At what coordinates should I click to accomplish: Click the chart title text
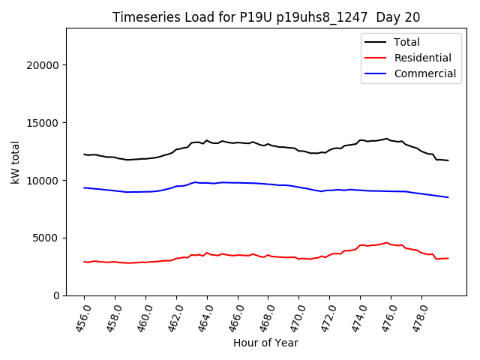click(266, 17)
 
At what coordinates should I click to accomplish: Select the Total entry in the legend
click(406, 42)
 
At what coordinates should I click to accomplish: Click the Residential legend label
click(422, 58)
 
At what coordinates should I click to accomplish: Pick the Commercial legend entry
click(424, 73)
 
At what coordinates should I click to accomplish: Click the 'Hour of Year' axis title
click(265, 343)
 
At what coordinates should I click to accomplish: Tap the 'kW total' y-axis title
click(16, 162)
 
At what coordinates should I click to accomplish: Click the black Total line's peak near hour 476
click(387, 139)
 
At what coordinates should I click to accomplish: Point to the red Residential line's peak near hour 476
click(387, 243)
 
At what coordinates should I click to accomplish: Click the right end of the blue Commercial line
click(448, 197)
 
